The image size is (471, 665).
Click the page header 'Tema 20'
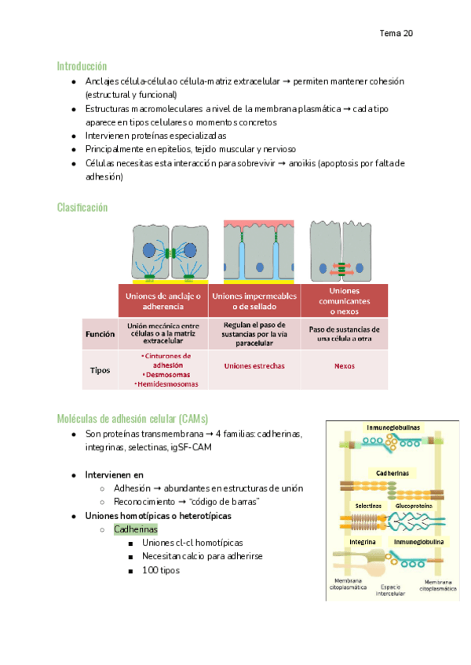pos(396,34)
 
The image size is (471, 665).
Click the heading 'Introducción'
pos(82,66)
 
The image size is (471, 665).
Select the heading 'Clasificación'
pos(82,207)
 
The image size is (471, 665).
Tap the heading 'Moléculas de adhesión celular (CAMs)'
pos(132,418)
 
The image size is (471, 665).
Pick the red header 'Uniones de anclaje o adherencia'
pos(162,301)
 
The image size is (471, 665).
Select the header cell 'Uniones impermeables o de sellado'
pos(254,300)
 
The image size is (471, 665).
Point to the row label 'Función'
pos(100,333)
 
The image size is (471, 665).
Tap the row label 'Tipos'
pos(100,369)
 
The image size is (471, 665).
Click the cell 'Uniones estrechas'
pos(254,365)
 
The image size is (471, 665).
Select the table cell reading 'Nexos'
pos(344,365)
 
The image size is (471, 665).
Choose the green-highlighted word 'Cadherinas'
pos(136,529)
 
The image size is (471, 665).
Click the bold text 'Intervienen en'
pos(115,474)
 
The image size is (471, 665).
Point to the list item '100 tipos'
pos(161,570)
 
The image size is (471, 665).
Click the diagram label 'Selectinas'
pos(367,506)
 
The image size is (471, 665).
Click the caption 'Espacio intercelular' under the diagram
pos(389,590)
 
